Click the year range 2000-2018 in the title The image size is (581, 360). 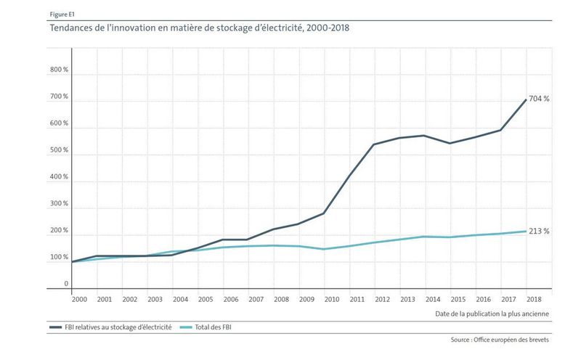(x=329, y=28)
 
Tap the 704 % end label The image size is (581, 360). (x=539, y=99)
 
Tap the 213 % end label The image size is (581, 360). (x=539, y=232)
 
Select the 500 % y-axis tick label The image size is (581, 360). (x=59, y=150)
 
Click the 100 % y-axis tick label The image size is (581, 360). (x=59, y=257)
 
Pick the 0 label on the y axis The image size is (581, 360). (x=65, y=284)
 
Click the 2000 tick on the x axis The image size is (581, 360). (x=78, y=298)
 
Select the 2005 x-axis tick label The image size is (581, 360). (x=206, y=298)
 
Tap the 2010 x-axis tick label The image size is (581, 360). (x=332, y=298)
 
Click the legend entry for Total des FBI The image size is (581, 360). (x=211, y=327)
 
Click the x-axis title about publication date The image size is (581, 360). (x=491, y=314)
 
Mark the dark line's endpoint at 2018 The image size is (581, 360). (x=526, y=99)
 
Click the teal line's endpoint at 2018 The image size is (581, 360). (x=526, y=232)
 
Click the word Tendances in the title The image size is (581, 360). (x=71, y=28)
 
